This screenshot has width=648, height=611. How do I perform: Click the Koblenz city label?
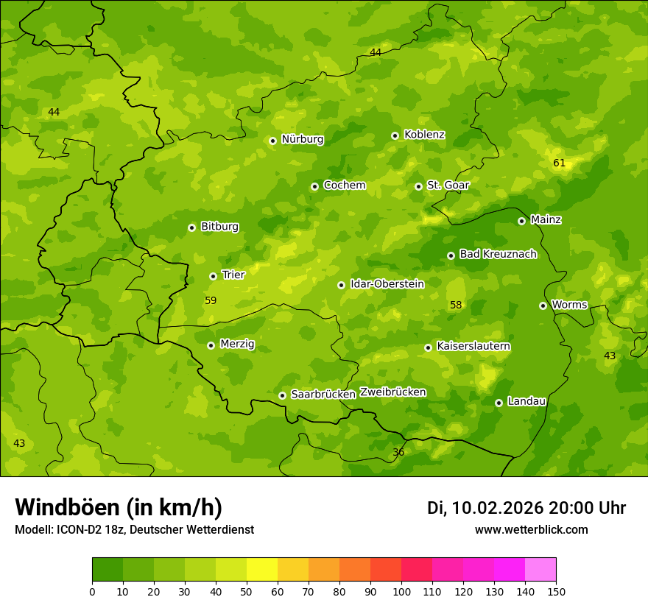click(x=424, y=135)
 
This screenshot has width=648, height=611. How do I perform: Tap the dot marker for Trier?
click(x=213, y=276)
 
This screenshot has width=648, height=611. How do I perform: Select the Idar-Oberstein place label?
click(x=387, y=284)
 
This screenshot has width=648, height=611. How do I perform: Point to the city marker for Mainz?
click(x=521, y=221)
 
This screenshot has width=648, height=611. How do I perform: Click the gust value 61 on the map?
click(x=559, y=163)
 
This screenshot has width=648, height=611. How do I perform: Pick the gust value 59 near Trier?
click(x=211, y=300)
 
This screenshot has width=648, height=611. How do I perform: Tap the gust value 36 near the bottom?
click(x=398, y=452)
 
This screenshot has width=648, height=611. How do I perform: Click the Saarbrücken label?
click(x=323, y=395)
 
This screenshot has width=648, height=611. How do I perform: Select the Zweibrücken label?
click(x=393, y=392)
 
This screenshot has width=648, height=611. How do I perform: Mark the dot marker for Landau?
click(x=499, y=403)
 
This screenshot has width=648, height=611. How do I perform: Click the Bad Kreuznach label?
click(x=498, y=254)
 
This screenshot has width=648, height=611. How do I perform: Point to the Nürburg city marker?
click(x=272, y=141)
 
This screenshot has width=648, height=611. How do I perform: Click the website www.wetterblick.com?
click(x=531, y=529)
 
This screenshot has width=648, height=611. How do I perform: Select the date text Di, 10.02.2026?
click(x=485, y=508)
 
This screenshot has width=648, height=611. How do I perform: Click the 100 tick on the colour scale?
click(x=401, y=591)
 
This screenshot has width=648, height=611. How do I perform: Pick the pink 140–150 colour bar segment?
click(x=540, y=570)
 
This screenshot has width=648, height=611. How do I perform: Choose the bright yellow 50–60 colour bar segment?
click(x=262, y=570)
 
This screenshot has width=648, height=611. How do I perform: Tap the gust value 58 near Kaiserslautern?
click(x=456, y=305)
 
